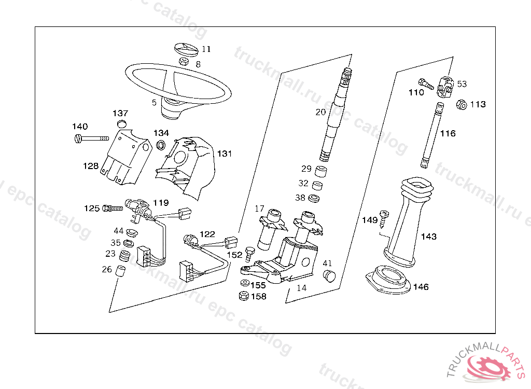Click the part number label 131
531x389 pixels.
[x=225, y=154]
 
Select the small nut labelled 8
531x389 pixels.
[x=184, y=62]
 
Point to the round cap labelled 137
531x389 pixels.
[x=122, y=123]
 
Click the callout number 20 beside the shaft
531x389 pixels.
[x=320, y=112]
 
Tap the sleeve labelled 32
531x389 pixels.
[x=320, y=185]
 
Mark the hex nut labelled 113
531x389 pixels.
[x=460, y=104]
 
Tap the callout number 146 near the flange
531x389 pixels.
[x=421, y=287]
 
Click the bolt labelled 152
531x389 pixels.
[x=249, y=254]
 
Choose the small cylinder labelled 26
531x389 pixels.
[x=121, y=271]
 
